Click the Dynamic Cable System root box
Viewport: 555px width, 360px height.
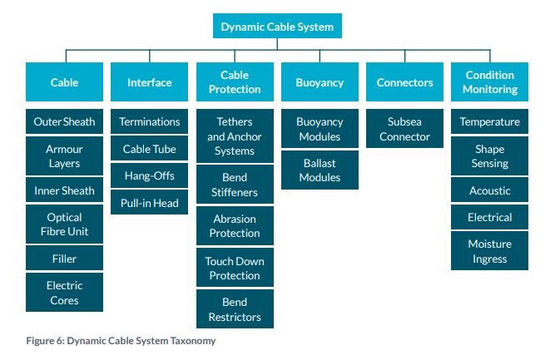pyautogui.click(x=277, y=26)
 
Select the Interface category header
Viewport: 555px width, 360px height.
pyautogui.click(x=150, y=82)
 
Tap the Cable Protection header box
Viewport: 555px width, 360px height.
pyautogui.click(x=235, y=82)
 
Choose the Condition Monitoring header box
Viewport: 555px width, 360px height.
pyautogui.click(x=489, y=82)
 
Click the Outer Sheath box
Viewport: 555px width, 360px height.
pyautogui.click(x=64, y=121)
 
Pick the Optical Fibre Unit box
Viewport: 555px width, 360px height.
pyautogui.click(x=64, y=224)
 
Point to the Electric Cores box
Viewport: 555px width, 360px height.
pyautogui.click(x=64, y=293)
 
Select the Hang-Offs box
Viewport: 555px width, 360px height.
pyautogui.click(x=150, y=175)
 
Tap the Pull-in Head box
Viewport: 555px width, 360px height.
pyautogui.click(x=150, y=202)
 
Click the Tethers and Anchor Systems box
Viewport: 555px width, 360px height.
pyautogui.click(x=235, y=136)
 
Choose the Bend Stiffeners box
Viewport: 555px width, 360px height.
pyautogui.click(x=235, y=185)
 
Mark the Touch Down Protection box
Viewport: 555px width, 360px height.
pyautogui.click(x=235, y=268)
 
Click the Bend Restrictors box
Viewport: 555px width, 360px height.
pyautogui.click(x=235, y=309)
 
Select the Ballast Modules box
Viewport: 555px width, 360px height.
pyautogui.click(x=320, y=170)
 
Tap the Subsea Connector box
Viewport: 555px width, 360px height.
pyautogui.click(x=404, y=128)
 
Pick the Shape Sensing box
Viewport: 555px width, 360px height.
pyautogui.click(x=489, y=156)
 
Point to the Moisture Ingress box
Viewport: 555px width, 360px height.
pyautogui.click(x=489, y=251)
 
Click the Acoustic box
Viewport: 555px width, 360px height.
pyautogui.click(x=489, y=190)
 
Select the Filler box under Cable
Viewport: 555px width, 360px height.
pyautogui.click(x=64, y=259)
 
